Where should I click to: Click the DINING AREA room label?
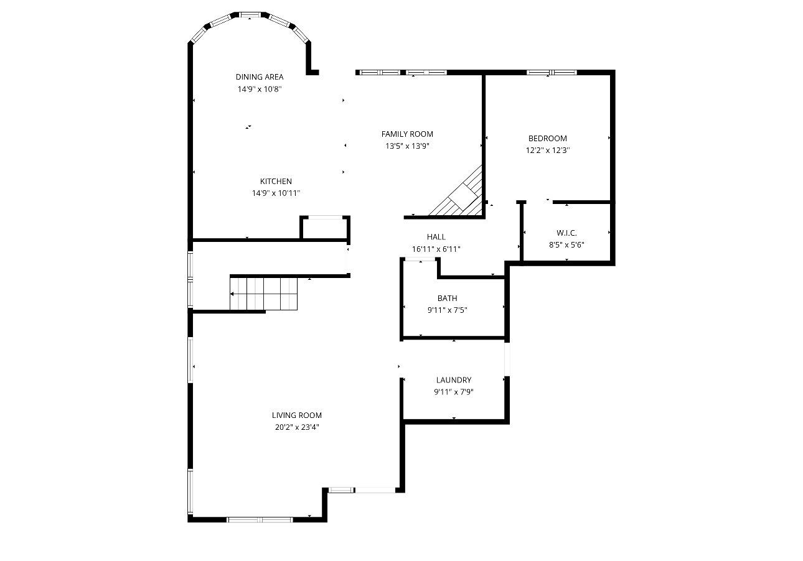pyautogui.click(x=259, y=77)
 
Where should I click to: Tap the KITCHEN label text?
pyautogui.click(x=276, y=182)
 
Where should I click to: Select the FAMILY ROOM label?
pyautogui.click(x=407, y=134)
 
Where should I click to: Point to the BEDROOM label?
pyautogui.click(x=547, y=139)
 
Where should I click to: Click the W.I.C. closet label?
pyautogui.click(x=566, y=233)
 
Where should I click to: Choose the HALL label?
pyautogui.click(x=436, y=237)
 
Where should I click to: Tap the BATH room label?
pyautogui.click(x=447, y=299)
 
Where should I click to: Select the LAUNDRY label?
pyautogui.click(x=453, y=380)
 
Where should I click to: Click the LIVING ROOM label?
pyautogui.click(x=296, y=415)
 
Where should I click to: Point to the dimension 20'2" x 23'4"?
pyautogui.click(x=296, y=427)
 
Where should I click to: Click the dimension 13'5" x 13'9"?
pyautogui.click(x=407, y=146)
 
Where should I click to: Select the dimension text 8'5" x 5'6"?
pyautogui.click(x=566, y=245)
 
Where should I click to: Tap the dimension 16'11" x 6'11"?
pyautogui.click(x=436, y=249)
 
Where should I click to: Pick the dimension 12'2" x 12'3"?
pyautogui.click(x=547, y=151)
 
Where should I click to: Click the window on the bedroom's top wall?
pyautogui.click(x=552, y=72)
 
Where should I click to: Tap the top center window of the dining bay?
pyautogui.click(x=250, y=14)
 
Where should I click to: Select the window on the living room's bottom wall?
pyautogui.click(x=260, y=519)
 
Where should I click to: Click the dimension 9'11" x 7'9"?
pyautogui.click(x=453, y=392)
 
